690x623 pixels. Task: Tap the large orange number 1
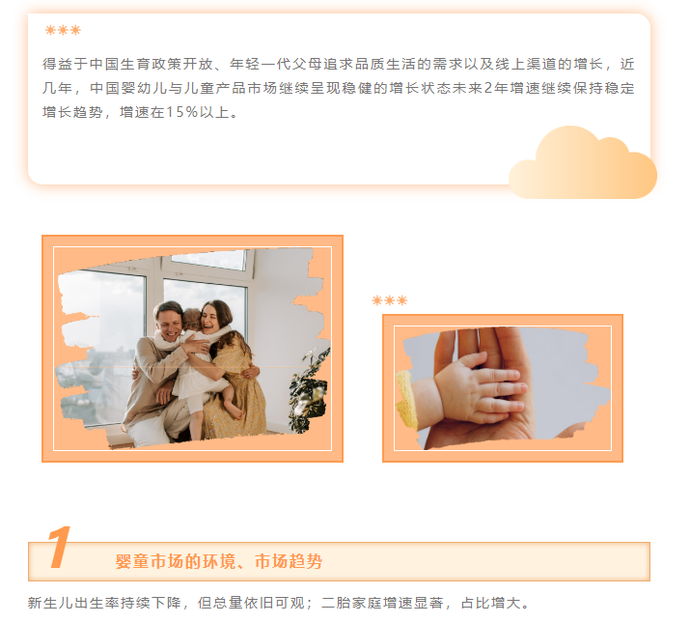tap(59, 547)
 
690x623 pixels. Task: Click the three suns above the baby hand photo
tap(390, 300)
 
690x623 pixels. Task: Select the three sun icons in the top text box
tap(63, 30)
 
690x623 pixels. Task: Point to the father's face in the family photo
tap(170, 322)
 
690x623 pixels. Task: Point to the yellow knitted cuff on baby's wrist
tap(407, 400)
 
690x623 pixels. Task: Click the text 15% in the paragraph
tap(181, 112)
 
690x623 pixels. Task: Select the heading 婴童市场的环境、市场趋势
tap(219, 561)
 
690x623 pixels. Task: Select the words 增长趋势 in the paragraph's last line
tap(73, 112)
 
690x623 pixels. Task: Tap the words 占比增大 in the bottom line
tap(491, 603)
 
